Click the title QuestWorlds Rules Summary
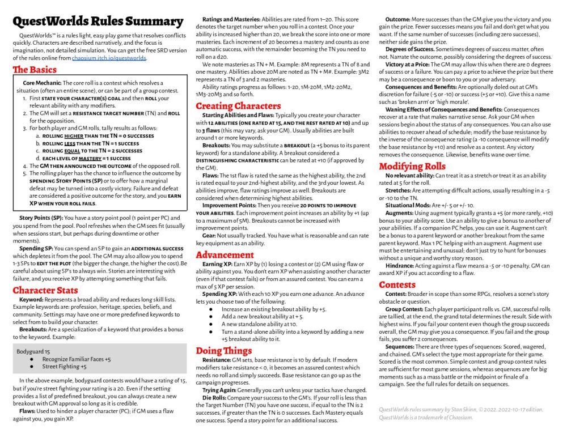(98, 22)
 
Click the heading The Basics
(35, 70)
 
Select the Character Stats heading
(45, 291)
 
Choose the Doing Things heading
(224, 350)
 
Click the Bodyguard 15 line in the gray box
(33, 351)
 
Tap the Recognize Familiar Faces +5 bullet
(77, 359)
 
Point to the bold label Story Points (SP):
(41, 218)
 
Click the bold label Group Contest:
(404, 309)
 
